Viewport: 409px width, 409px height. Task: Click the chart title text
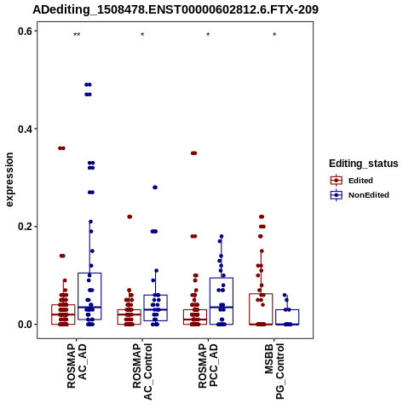click(176, 9)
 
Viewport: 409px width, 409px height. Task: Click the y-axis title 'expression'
click(9, 180)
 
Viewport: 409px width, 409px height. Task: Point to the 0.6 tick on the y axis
click(26, 32)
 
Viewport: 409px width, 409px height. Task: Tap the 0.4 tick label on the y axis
click(26, 129)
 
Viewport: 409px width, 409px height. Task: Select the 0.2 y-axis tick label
click(26, 227)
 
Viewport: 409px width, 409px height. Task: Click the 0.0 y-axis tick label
click(26, 325)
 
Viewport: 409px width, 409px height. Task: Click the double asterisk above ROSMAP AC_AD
click(77, 35)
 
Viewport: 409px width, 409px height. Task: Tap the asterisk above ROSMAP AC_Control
click(142, 35)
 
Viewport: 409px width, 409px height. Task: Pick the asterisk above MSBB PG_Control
click(274, 35)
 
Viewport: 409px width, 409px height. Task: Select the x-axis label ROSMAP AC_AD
click(77, 366)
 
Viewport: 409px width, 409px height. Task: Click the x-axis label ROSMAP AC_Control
click(142, 372)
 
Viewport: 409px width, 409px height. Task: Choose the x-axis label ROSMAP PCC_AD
click(208, 366)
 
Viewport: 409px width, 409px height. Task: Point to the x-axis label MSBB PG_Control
click(274, 371)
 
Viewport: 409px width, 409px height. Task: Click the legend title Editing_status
click(364, 164)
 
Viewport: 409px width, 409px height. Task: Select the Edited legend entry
click(352, 181)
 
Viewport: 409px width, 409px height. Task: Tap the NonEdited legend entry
click(360, 195)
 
